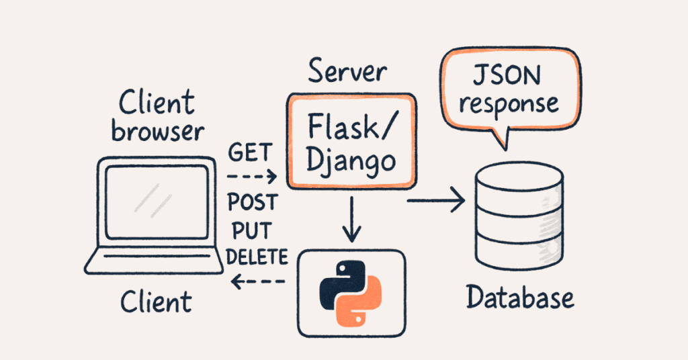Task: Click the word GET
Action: coord(250,153)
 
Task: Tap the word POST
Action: coord(251,202)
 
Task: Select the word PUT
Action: coord(251,230)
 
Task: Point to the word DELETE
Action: coord(257,257)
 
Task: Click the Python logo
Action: coord(351,293)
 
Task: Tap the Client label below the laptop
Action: coord(156,302)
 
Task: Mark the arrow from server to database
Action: coord(437,199)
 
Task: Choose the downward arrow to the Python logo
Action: coord(351,218)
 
